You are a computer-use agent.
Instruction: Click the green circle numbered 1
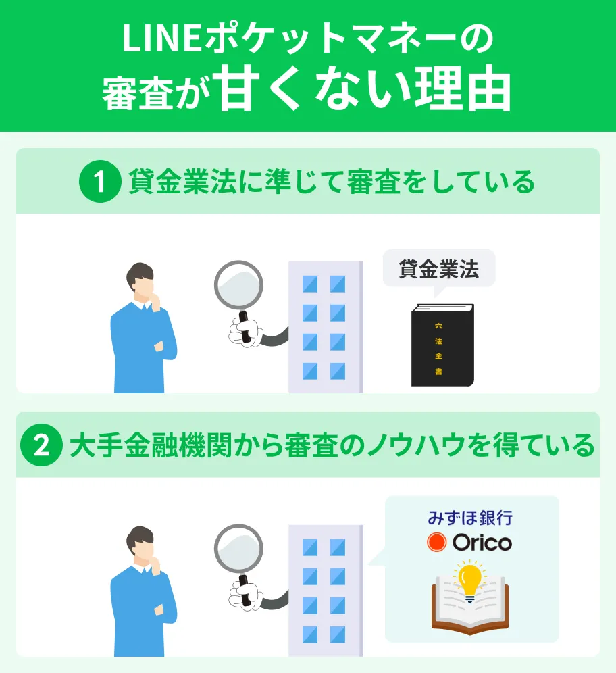(x=100, y=182)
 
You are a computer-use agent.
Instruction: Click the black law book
(x=442, y=345)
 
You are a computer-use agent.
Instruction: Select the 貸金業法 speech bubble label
(x=439, y=269)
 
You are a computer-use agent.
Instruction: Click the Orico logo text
(x=482, y=543)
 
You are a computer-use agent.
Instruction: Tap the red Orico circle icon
(x=437, y=543)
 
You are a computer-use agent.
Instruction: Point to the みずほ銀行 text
(x=470, y=519)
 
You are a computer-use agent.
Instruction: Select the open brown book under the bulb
(x=470, y=609)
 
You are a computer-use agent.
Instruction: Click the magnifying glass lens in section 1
(x=238, y=284)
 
